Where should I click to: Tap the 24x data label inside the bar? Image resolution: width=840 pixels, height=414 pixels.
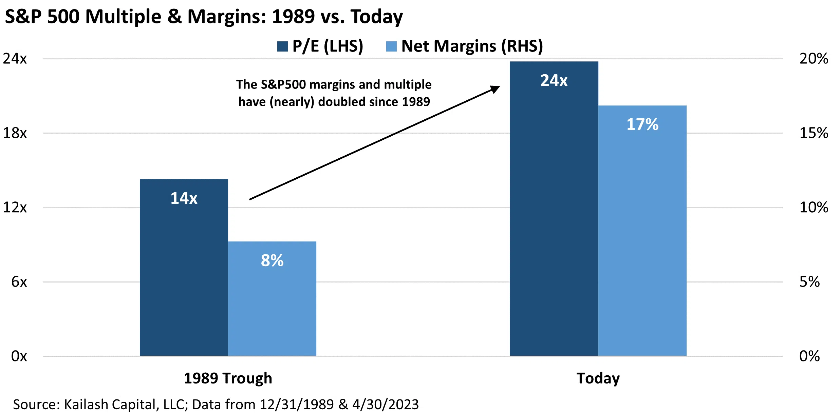pos(554,81)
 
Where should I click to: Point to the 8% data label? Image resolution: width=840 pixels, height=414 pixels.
pos(272,260)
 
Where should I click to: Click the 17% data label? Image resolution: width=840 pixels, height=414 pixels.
pos(642,124)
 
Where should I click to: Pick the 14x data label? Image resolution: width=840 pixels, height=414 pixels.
pos(184,198)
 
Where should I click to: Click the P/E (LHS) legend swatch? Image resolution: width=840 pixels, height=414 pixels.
pos(282,46)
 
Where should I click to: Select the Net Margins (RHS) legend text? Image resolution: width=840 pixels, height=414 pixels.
pos(472,46)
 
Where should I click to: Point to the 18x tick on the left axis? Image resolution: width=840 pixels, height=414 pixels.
pos(15,133)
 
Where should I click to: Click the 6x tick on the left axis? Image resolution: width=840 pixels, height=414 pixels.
pos(19,282)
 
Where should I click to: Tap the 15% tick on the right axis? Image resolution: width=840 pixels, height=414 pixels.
pos(814,133)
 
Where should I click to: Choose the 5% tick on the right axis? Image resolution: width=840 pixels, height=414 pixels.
pos(809,282)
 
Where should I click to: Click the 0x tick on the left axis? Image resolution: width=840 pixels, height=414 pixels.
pos(19,356)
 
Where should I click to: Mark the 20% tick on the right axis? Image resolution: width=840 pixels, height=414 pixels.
pos(814,59)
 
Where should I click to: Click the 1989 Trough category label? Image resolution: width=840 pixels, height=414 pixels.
pos(228,378)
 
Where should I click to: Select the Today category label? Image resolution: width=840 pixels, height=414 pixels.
pos(598,378)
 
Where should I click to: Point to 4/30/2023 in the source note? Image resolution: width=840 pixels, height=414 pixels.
pos(385,405)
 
